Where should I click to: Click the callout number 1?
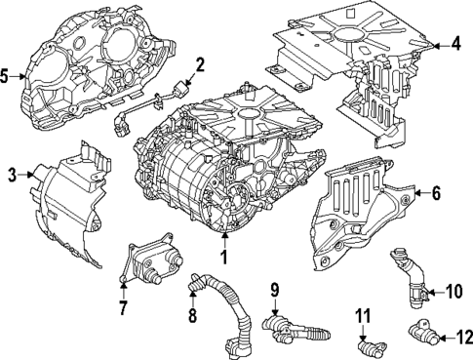pos(224,259)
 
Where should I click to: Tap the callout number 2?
pos(199,66)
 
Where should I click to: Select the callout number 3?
pos(12,175)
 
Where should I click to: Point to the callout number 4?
pos(455,43)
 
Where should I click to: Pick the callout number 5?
pos(7,74)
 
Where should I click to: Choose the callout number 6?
pos(437,194)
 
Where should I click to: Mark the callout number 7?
pos(123,309)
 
